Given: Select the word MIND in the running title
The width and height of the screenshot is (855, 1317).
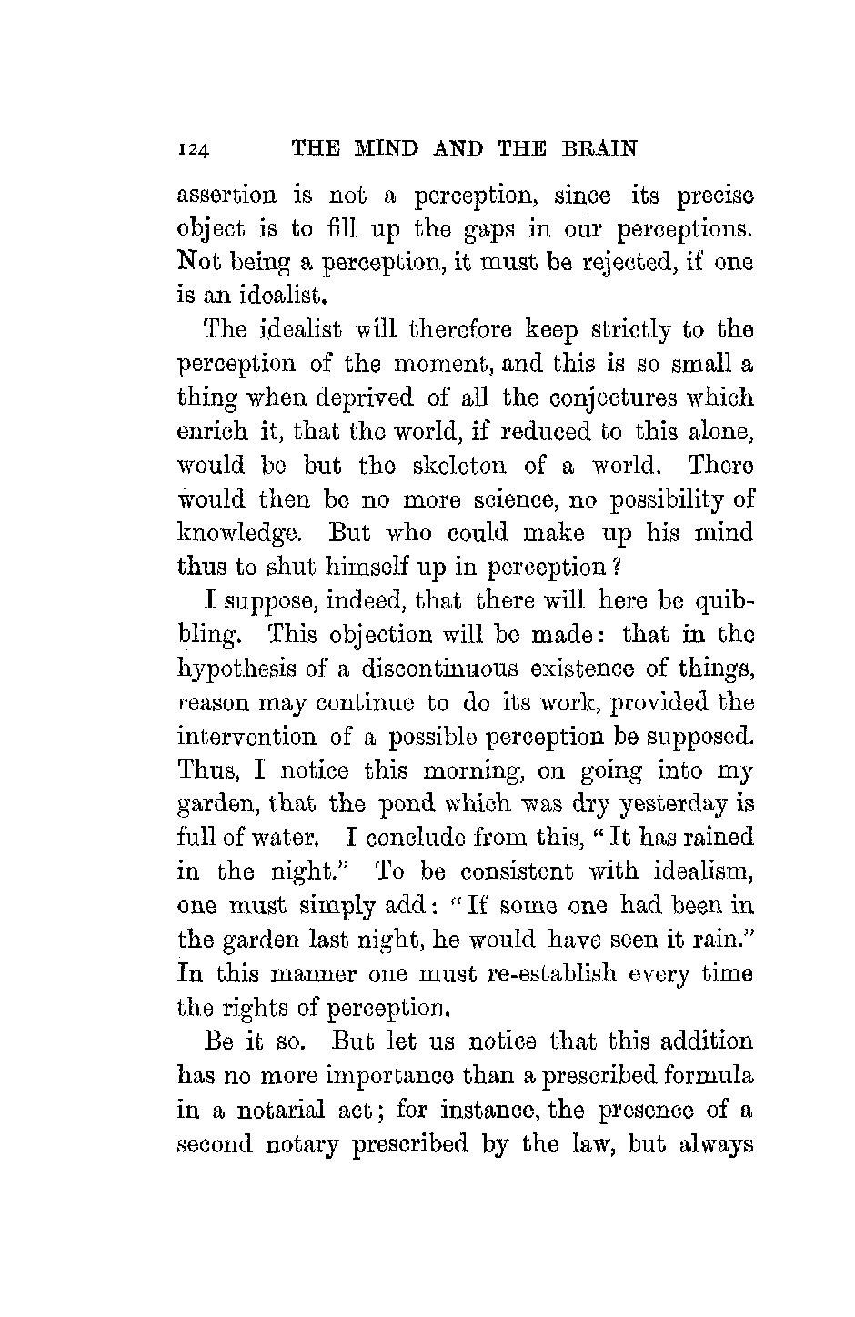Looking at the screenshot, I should (x=380, y=147).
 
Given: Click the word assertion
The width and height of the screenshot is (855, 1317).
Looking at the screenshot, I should (x=226, y=196).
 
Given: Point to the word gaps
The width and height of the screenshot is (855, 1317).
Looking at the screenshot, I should (x=497, y=230).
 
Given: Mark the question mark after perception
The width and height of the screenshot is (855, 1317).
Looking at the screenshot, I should (x=616, y=568).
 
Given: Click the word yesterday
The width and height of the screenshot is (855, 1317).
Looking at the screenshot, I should (x=664, y=804).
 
